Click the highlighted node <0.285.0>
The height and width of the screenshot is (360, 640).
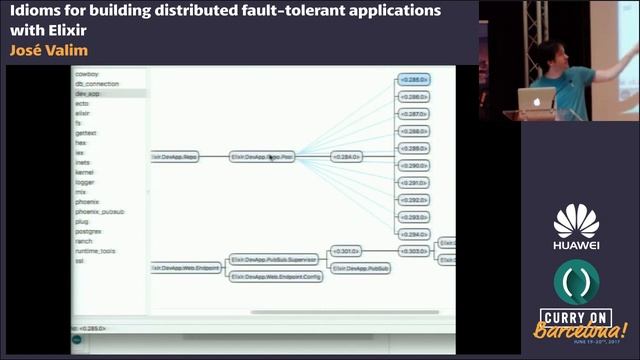[x=414, y=78]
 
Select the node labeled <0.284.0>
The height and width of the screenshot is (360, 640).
[x=346, y=157]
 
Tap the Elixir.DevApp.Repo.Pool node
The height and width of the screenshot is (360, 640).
[x=263, y=157]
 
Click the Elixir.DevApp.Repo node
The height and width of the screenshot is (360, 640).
[x=176, y=157]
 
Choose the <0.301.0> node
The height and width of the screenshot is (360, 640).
[x=346, y=251]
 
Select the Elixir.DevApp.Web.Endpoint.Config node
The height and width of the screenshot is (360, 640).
[x=276, y=276]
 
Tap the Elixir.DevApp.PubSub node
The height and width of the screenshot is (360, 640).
[x=361, y=268]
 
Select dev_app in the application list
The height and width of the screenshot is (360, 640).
[x=88, y=93]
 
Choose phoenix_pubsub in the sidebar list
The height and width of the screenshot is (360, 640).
[x=99, y=212]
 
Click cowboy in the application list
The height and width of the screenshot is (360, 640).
[x=87, y=74]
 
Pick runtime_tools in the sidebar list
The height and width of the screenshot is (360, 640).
[x=96, y=251]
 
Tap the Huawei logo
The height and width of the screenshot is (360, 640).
[x=577, y=228]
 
